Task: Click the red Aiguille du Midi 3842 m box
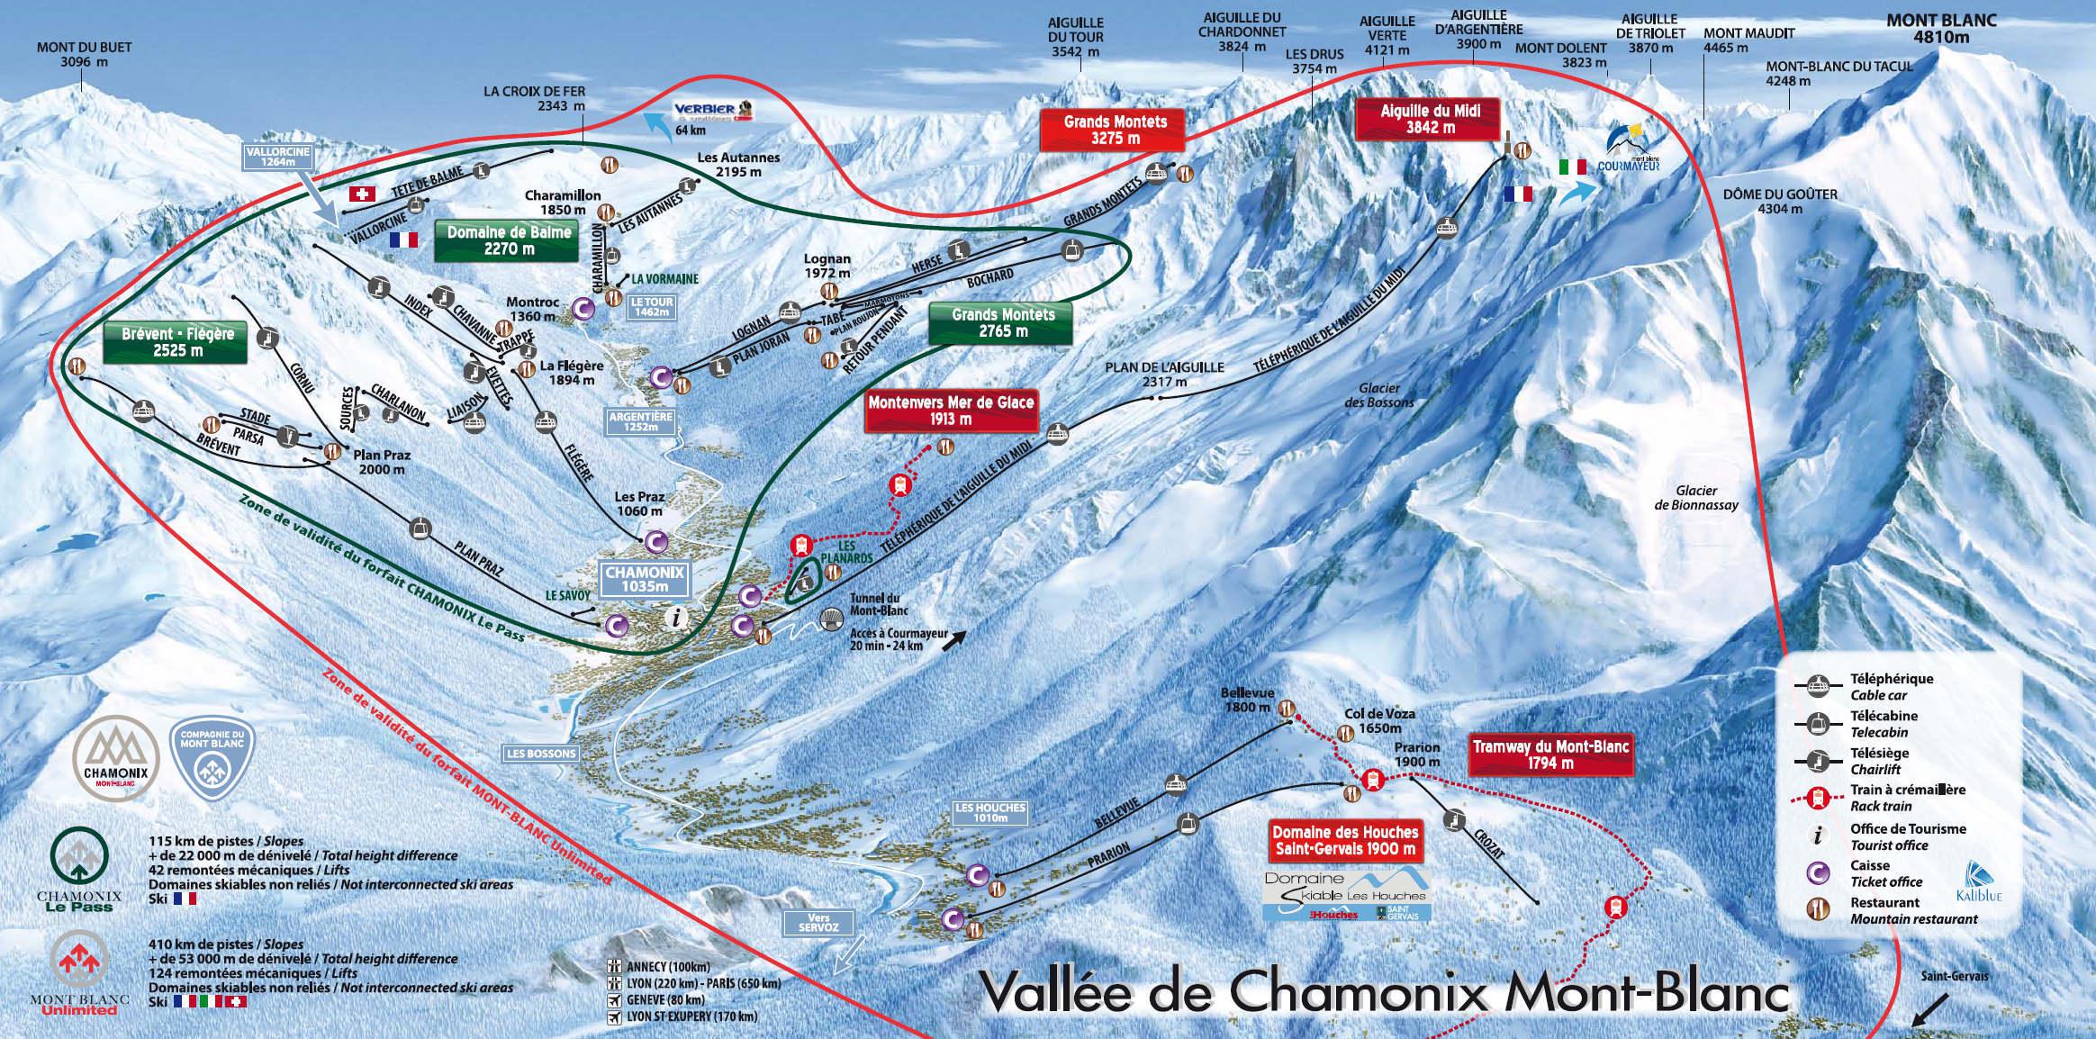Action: tap(1417, 118)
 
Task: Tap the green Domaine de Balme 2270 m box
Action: tap(510, 240)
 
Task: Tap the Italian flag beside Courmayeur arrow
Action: tap(1572, 167)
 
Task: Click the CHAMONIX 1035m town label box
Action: tap(645, 579)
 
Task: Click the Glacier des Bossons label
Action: tap(1379, 394)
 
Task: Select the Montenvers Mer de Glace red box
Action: tap(951, 411)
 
